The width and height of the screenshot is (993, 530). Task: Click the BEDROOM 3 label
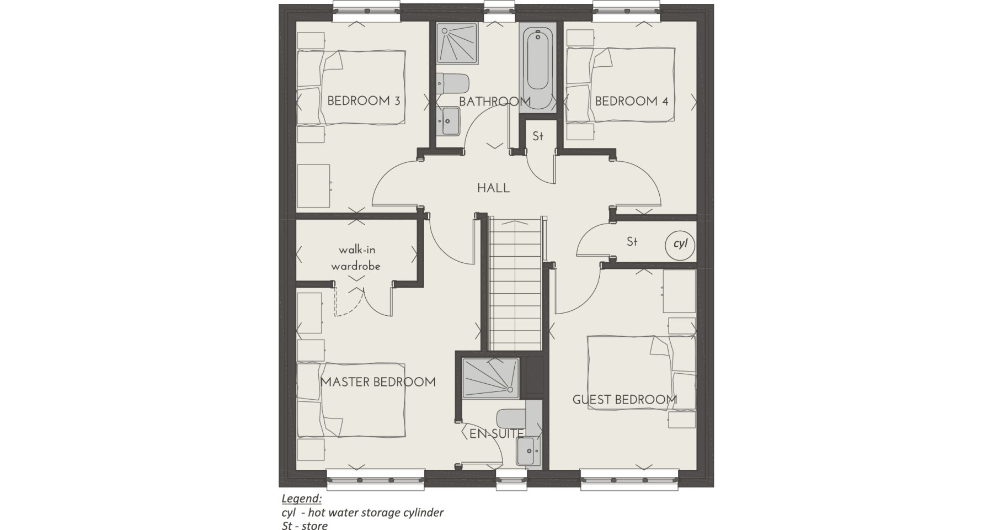364,101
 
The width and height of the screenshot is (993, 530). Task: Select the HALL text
494,188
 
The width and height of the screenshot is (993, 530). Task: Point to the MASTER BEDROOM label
378,382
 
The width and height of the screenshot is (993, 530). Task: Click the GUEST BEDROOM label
625,399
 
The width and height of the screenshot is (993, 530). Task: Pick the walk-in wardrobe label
356,258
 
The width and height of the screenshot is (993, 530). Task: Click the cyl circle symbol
681,243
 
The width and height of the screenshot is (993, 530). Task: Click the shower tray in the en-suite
490,377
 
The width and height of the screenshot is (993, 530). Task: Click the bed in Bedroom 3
352,87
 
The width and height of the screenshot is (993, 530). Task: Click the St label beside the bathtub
538,136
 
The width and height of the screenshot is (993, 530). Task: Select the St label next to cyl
632,242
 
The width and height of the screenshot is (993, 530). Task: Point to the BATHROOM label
495,102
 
